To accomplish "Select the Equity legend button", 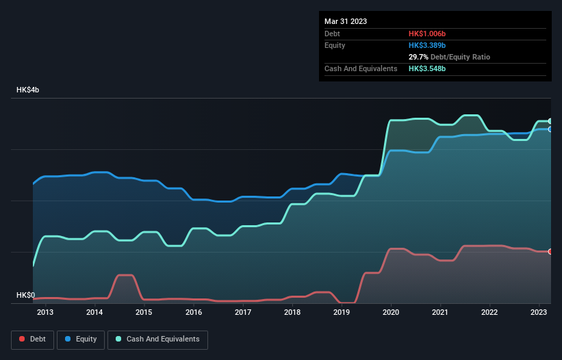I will pyautogui.click(x=81, y=339).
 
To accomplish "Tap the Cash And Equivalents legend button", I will pyautogui.click(x=157, y=339).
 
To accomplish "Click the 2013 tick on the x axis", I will pyautogui.click(x=45, y=313).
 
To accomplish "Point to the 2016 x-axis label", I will pyautogui.click(x=194, y=313).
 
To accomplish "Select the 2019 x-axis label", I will pyautogui.click(x=342, y=313).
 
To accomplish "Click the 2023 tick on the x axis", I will pyautogui.click(x=539, y=313).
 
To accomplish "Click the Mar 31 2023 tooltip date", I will pyautogui.click(x=346, y=21).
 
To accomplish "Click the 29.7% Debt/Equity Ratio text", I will pyautogui.click(x=449, y=57).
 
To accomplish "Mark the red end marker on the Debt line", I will pyautogui.click(x=550, y=252).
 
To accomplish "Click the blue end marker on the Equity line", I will pyautogui.click(x=550, y=129).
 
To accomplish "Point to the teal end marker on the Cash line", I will pyautogui.click(x=550, y=121).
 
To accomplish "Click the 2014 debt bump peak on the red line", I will pyautogui.click(x=125, y=275).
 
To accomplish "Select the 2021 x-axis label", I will pyautogui.click(x=440, y=313).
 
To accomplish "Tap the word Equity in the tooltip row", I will pyautogui.click(x=335, y=45).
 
